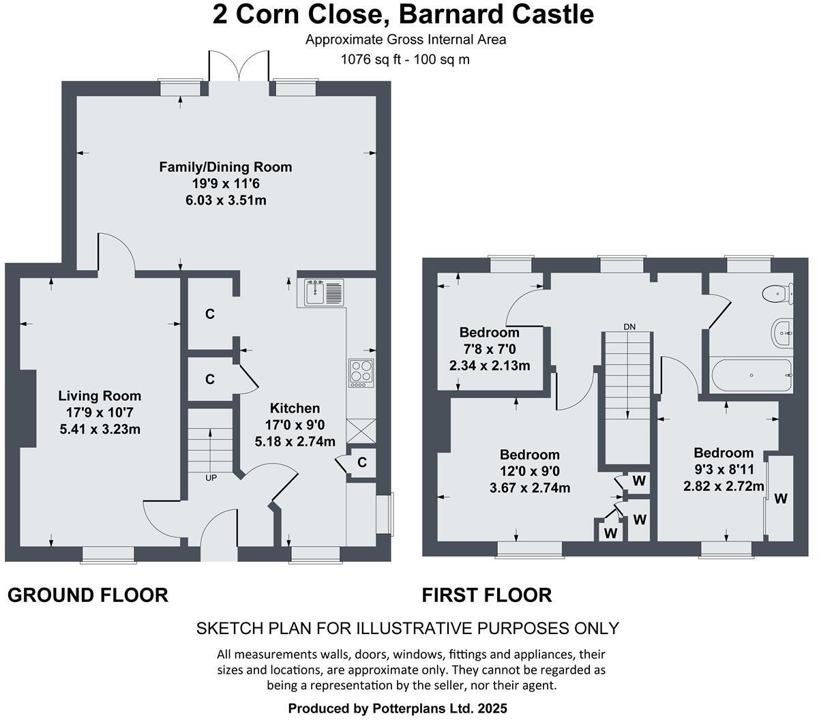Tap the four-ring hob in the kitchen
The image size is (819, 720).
click(361, 373)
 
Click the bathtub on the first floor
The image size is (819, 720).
click(751, 375)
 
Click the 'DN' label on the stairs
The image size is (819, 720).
click(629, 327)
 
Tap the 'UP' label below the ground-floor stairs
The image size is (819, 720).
click(211, 477)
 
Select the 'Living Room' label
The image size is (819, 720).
click(100, 395)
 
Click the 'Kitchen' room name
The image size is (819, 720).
click(295, 408)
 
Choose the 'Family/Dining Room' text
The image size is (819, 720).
click(225, 166)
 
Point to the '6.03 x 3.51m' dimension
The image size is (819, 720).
click(225, 200)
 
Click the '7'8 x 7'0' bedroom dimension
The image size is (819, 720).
click(489, 349)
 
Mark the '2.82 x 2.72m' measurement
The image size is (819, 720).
click(724, 485)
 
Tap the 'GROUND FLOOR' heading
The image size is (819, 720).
click(87, 595)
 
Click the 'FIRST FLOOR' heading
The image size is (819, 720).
click(486, 595)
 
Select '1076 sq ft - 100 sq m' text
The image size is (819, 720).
click(405, 59)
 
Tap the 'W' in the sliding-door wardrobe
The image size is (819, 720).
click(780, 498)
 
